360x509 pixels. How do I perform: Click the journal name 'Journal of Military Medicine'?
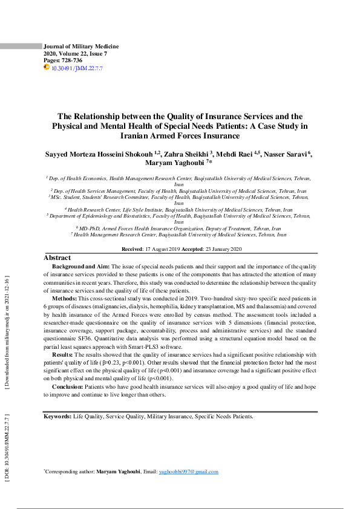pos(81,47)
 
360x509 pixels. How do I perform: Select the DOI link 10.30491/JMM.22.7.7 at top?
pos(77,68)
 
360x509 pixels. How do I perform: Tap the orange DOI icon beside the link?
pos(47,68)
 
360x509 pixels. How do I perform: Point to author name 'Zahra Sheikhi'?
pos(185,154)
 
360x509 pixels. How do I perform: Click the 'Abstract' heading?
pos(57,258)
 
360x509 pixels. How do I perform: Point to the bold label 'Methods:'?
pos(64,298)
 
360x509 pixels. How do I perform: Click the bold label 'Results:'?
pos(62,354)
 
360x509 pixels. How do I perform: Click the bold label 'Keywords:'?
pos(57,417)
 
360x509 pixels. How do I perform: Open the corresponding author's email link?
pos(188,472)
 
